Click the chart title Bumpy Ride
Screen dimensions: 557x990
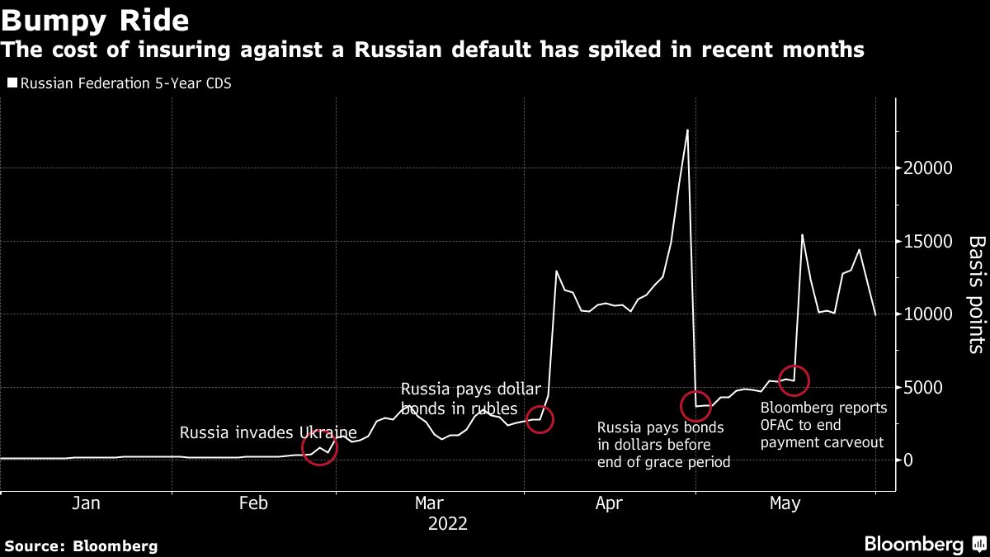point(96,20)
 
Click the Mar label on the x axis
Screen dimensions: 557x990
point(430,503)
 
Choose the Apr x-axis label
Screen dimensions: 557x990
point(608,503)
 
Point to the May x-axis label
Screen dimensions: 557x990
point(784,503)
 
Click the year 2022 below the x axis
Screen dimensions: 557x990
point(448,524)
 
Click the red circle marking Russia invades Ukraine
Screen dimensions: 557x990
point(319,448)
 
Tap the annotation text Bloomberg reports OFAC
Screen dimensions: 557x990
point(823,425)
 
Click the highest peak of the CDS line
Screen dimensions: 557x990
point(687,130)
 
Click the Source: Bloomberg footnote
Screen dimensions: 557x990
point(81,545)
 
